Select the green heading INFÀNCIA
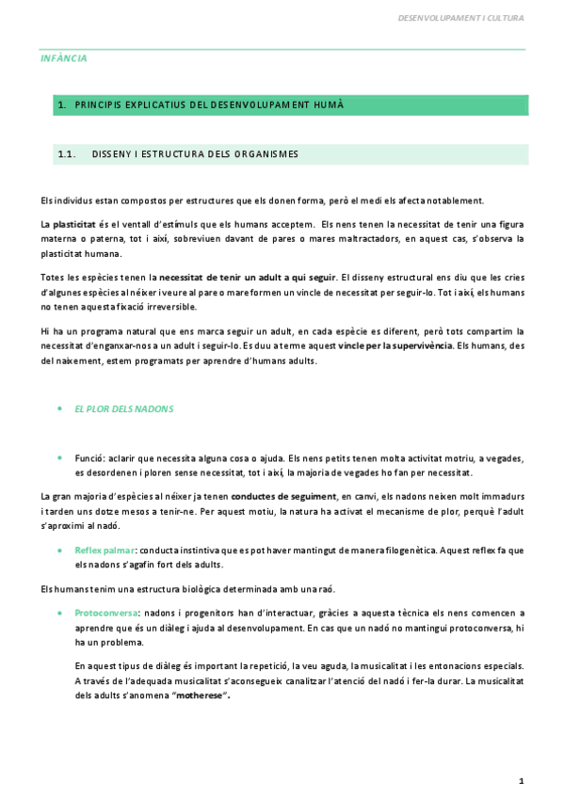coord(64,58)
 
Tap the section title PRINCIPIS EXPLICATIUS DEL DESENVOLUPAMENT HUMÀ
coord(208,105)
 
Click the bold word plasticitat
coord(74,224)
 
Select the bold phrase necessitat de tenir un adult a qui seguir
coord(248,277)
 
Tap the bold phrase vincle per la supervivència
coord(395,345)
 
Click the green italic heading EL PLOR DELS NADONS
coord(124,409)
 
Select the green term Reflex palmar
coord(105,550)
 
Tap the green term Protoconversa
coord(105,613)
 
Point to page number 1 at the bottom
coord(521,780)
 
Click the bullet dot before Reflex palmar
coord(61,550)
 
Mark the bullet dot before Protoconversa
coord(61,613)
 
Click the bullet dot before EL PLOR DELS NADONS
coord(61,409)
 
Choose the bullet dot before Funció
coord(61,457)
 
